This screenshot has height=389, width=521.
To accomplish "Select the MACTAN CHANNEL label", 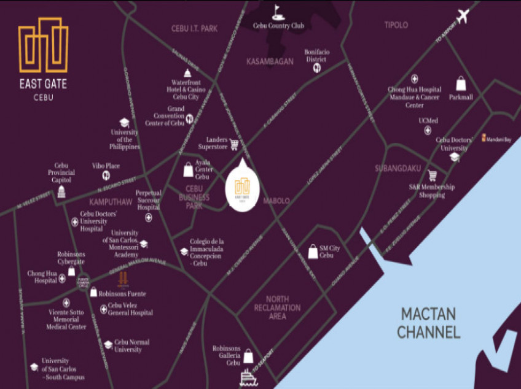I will click(428, 323).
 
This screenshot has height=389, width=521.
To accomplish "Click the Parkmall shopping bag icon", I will click(461, 83).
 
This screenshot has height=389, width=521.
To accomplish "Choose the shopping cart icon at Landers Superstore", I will click(234, 145).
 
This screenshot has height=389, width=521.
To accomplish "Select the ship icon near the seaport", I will click(248, 376).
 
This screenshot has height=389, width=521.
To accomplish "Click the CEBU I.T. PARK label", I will click(194, 28).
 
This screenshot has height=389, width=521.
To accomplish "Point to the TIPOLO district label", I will click(396, 25).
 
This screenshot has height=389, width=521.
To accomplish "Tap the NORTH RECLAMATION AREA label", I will click(278, 308).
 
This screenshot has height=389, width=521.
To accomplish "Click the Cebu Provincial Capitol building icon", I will click(61, 192).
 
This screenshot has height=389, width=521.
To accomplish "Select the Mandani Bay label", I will click(499, 139).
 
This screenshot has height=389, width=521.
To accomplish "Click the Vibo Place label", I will click(106, 166).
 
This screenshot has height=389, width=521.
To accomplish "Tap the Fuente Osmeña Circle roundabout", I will click(83, 282).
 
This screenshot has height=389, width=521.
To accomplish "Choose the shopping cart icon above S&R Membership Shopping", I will click(432, 175).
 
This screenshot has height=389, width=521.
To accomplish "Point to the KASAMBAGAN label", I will click(270, 61).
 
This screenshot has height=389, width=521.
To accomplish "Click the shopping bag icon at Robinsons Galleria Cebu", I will click(248, 356).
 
